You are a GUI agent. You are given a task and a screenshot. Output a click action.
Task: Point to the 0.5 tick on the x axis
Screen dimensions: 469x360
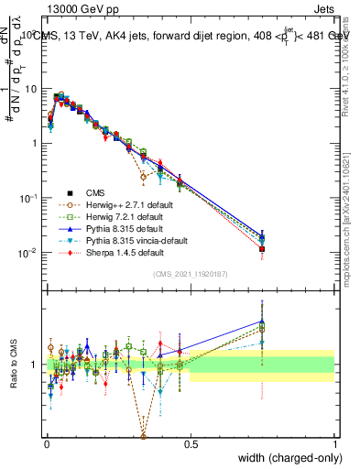point(190,443)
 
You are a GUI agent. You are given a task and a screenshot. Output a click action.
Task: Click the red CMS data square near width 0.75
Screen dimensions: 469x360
point(262,248)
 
